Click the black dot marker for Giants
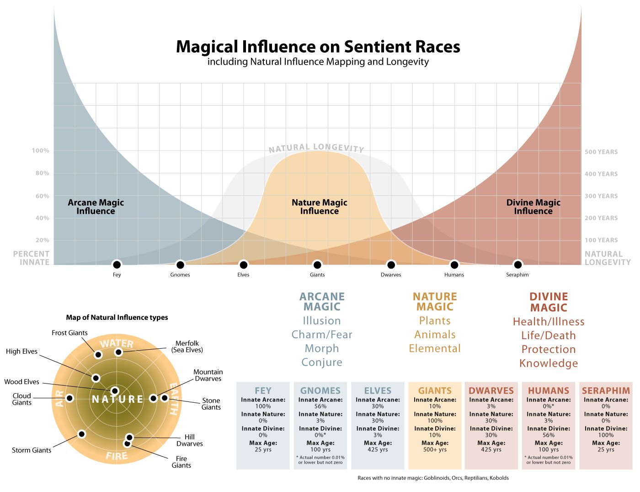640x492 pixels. tap(317, 265)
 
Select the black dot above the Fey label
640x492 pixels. tap(117, 265)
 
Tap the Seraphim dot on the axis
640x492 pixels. tap(517, 265)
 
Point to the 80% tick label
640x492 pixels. tap(42, 173)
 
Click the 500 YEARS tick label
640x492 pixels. tap(601, 152)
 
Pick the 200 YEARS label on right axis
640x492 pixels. tap(601, 218)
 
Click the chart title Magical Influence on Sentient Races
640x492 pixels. tap(318, 47)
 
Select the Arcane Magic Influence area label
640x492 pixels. tap(96, 207)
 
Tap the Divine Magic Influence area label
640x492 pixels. tap(533, 207)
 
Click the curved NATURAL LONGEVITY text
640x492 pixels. tap(316, 148)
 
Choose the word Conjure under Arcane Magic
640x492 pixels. tap(322, 362)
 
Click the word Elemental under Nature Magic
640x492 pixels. tap(435, 348)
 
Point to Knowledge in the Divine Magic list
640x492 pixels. tap(549, 363)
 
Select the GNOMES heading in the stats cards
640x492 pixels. tap(320, 390)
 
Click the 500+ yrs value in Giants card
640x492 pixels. tap(435, 449)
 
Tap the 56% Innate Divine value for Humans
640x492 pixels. tap(549, 435)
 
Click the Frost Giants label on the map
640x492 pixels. tap(69, 333)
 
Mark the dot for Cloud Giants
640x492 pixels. tap(69, 398)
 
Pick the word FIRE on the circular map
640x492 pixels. tap(117, 456)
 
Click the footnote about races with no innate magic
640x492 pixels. tap(433, 478)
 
